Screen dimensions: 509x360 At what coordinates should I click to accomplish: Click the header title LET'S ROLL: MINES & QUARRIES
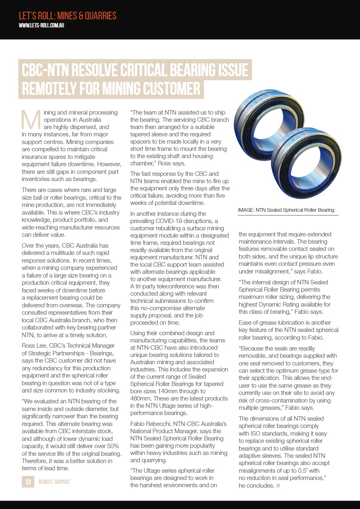[67, 16]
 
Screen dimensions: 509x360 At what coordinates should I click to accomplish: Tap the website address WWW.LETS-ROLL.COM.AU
[42, 25]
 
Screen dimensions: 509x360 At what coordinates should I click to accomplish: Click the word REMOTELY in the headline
[52, 88]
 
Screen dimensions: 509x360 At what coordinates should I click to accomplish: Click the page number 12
[28, 482]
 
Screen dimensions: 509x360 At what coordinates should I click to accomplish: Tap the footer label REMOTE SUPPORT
[54, 482]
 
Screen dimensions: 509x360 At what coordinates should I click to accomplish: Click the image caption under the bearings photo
[286, 210]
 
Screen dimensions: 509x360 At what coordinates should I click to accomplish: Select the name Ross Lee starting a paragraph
[33, 346]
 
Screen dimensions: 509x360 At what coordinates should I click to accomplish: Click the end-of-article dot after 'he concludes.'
[278, 486]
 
